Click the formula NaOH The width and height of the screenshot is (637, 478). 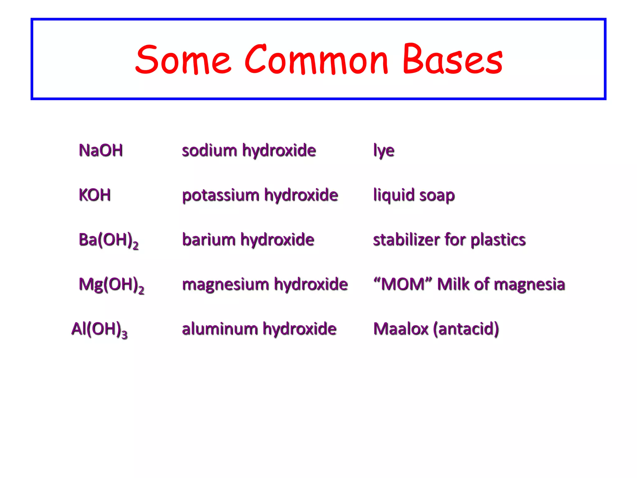[x=101, y=150]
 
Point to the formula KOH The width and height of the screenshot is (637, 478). [x=95, y=195]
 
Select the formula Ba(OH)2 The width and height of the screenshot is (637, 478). [x=108, y=240]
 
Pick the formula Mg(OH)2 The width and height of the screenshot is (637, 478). [x=111, y=285]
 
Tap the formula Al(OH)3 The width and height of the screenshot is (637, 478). [x=99, y=330]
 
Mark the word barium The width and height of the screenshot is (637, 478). [x=209, y=240]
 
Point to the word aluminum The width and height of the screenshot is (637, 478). [x=220, y=329]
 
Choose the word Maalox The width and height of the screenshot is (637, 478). [x=401, y=329]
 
